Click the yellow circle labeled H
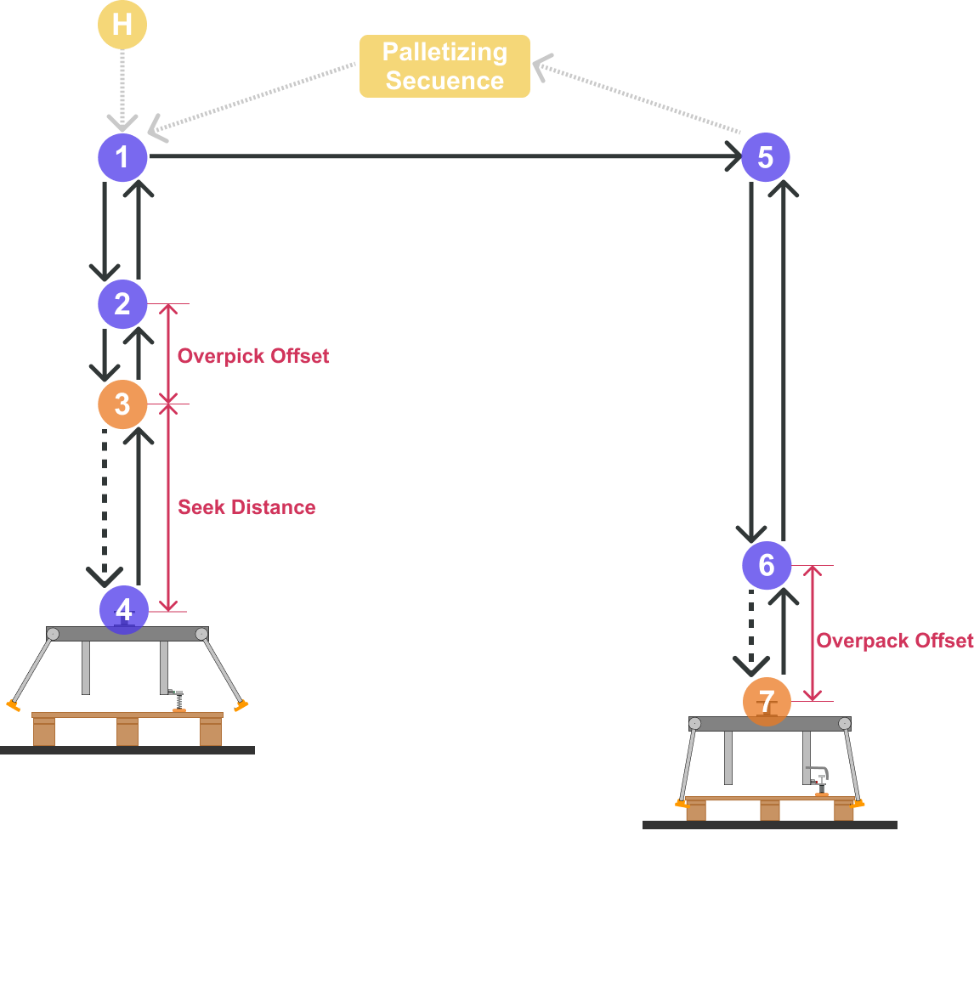122,24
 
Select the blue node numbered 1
122,157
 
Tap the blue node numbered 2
122,304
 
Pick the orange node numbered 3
122,404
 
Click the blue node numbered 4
124,609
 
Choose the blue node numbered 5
765,157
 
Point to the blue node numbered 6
766,565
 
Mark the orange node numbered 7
766,702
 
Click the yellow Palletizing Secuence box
445,66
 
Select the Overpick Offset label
253,356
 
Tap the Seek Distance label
246,507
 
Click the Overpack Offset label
894,641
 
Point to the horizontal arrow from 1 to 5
442,156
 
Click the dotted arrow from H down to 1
122,89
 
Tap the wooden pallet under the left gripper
127,729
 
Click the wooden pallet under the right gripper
770,808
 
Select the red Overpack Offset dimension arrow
813,633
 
